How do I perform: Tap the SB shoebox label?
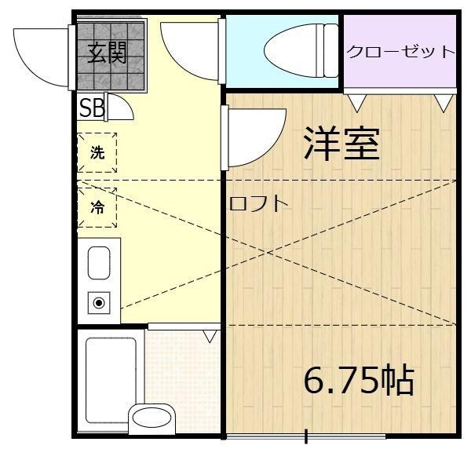[x=91, y=107]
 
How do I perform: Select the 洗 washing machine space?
[x=97, y=154]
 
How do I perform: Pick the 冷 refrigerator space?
[x=97, y=208]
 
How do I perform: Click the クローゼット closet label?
[x=400, y=52]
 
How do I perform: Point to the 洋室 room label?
[x=341, y=144]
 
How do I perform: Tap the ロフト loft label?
[x=259, y=203]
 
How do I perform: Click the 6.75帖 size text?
[x=359, y=381]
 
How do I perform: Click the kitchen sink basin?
[x=99, y=263]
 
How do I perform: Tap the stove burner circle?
[x=99, y=302]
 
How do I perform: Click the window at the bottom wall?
[x=306, y=436]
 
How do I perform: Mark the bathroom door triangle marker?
[x=209, y=336]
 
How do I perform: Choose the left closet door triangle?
[x=358, y=101]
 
